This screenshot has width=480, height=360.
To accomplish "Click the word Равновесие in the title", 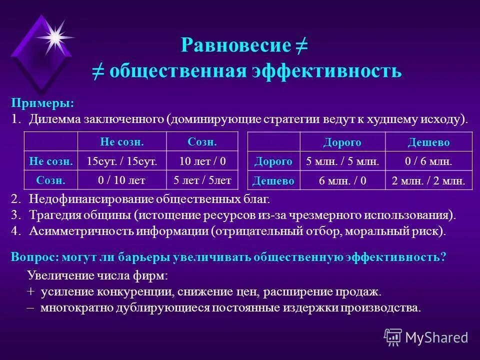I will [235, 46].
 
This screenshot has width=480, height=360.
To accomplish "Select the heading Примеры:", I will [42, 103].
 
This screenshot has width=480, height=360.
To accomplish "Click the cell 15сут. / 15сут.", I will [122, 161].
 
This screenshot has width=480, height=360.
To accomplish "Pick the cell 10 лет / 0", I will [202, 161].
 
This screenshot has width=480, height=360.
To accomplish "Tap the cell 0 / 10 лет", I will [122, 180].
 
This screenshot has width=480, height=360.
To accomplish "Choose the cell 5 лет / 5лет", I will [202, 180].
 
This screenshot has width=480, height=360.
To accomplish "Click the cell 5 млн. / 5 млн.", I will [342, 161].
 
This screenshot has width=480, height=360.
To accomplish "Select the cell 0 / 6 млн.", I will [428, 161].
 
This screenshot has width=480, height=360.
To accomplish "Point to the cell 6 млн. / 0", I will [342, 180].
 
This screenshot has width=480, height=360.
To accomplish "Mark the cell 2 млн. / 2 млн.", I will [428, 180].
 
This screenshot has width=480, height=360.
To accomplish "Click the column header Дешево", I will [428, 142].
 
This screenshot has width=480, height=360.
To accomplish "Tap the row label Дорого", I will [273, 161].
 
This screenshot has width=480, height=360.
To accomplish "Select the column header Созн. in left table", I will [202, 142].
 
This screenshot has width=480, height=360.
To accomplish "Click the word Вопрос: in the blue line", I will [34, 257].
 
